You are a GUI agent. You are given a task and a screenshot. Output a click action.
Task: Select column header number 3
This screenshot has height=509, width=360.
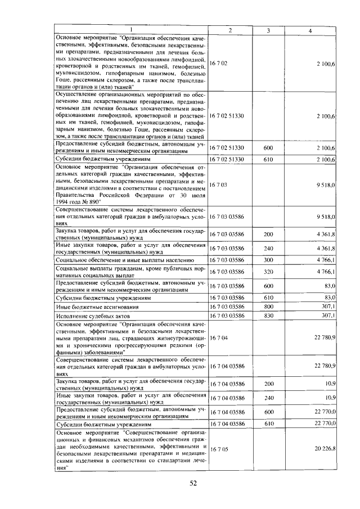click(x=268, y=30)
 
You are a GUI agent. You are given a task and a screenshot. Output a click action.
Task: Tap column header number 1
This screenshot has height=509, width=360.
click(x=131, y=30)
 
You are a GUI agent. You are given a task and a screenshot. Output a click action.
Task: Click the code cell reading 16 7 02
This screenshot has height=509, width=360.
click(x=218, y=64)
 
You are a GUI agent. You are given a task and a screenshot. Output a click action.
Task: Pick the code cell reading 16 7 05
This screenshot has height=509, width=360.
click(x=218, y=448)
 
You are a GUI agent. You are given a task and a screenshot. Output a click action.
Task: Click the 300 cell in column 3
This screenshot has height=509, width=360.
click(x=268, y=260)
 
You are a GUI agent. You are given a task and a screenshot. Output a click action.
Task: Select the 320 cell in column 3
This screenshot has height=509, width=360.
click(x=268, y=272)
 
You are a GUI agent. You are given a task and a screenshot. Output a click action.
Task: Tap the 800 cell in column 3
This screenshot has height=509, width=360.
click(x=268, y=307)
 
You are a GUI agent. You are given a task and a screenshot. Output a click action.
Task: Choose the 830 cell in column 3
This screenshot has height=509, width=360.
click(x=268, y=316)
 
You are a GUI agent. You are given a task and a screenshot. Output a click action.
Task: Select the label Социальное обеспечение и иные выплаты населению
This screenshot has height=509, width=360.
click(x=124, y=260)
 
